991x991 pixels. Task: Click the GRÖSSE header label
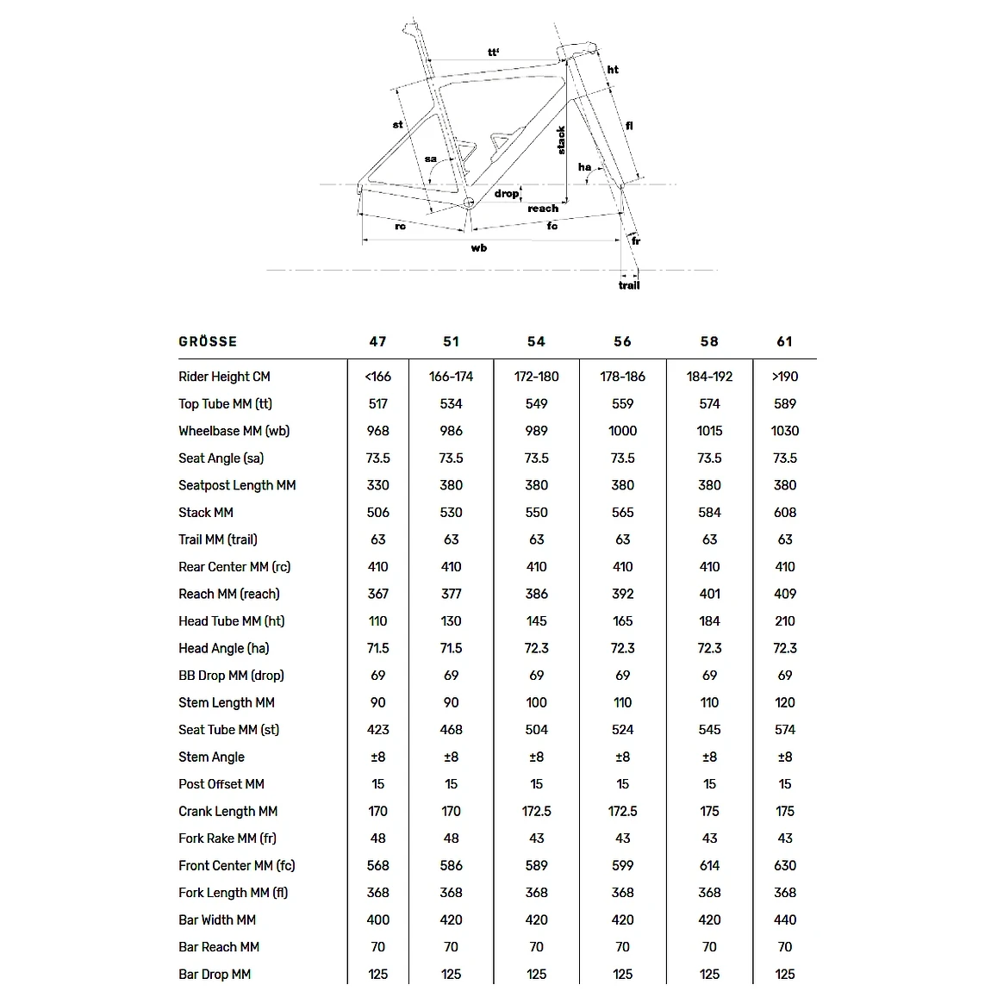(x=208, y=341)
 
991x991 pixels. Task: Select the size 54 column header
(x=536, y=341)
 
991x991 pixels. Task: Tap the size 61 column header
(x=784, y=341)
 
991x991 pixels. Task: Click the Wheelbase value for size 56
(x=622, y=431)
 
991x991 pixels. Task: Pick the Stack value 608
(x=784, y=512)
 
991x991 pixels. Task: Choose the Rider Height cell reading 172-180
(x=536, y=377)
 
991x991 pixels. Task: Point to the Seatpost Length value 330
(x=377, y=485)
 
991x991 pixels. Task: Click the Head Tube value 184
(x=709, y=620)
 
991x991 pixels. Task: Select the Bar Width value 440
(x=784, y=919)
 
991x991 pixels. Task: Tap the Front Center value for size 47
(x=377, y=865)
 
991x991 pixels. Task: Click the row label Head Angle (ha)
(x=224, y=648)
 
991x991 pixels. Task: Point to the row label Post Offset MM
(x=221, y=784)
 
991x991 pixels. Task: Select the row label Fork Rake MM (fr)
(x=227, y=838)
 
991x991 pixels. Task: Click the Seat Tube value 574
(x=784, y=730)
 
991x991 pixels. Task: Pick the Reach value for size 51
(x=451, y=594)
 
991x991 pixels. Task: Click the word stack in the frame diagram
(x=561, y=140)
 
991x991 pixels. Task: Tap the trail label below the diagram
(x=629, y=285)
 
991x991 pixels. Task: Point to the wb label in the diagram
(x=479, y=248)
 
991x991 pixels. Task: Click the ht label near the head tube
(x=613, y=70)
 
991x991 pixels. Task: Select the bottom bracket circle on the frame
(x=469, y=203)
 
